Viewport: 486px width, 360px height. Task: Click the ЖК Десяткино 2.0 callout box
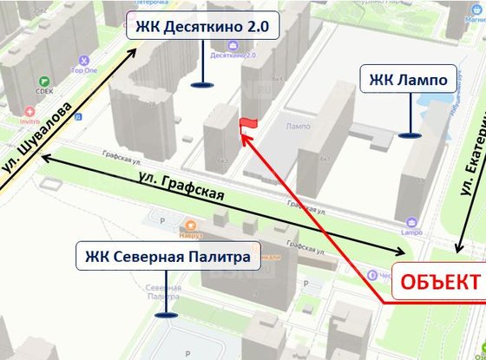click(202, 26)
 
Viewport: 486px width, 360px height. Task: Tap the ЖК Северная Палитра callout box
click(168, 257)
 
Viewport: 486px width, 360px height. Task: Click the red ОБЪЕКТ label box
click(438, 283)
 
